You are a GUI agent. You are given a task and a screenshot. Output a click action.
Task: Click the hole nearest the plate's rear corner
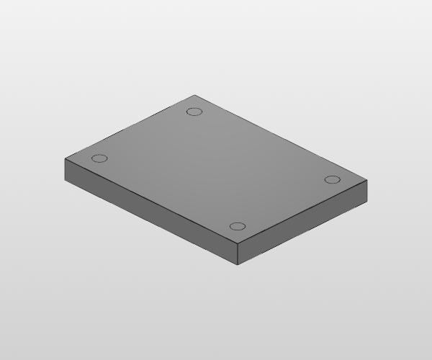[x=193, y=111]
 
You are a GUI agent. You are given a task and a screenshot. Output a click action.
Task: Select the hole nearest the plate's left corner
[x=100, y=158]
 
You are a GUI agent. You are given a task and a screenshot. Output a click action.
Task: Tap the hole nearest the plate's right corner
[x=332, y=179]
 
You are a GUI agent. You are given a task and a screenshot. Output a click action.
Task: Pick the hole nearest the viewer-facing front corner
[x=238, y=227]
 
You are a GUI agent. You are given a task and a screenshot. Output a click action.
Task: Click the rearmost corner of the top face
[x=195, y=95]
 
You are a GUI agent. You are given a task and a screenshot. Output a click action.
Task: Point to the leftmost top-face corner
[x=65, y=158]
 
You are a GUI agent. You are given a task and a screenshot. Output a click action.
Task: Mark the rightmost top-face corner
[x=368, y=181]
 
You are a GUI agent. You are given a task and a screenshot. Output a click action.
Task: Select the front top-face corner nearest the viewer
[x=237, y=245]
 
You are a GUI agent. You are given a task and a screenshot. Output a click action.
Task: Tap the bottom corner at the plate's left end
[x=65, y=178]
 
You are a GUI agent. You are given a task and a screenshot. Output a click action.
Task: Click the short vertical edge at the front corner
[x=237, y=255]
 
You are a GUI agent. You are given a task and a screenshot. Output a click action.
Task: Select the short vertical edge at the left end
[x=65, y=168]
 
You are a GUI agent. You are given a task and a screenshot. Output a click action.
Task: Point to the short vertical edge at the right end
[x=368, y=191]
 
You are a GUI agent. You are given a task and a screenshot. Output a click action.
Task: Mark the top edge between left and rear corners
[x=130, y=127]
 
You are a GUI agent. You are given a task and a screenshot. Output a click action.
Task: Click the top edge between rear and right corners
[x=282, y=138]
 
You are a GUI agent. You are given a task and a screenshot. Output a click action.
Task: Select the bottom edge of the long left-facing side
[x=151, y=222]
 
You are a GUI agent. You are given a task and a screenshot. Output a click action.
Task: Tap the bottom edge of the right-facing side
[x=302, y=233]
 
